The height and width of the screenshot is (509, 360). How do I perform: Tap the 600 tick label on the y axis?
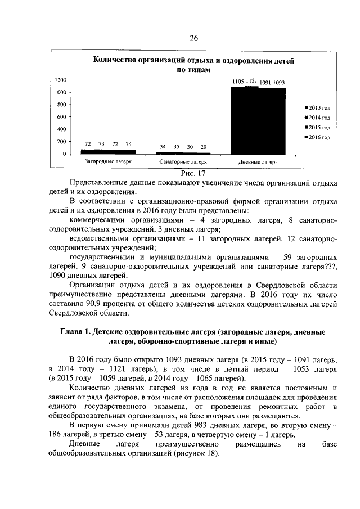pyautogui.click(x=62, y=117)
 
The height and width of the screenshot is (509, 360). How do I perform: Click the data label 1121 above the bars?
pyautogui.click(x=251, y=82)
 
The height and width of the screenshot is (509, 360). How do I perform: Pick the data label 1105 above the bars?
pyautogui.click(x=238, y=82)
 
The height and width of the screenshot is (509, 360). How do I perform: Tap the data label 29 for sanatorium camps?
pyautogui.click(x=203, y=146)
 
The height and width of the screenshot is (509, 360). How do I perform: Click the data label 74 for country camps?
pyautogui.click(x=129, y=145)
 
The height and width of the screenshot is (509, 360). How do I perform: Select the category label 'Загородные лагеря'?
pyautogui.click(x=108, y=161)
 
